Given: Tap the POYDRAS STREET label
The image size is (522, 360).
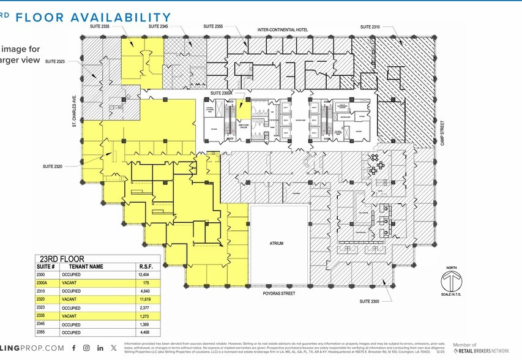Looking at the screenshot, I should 278,294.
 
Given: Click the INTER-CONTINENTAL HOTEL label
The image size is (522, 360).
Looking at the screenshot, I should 282,30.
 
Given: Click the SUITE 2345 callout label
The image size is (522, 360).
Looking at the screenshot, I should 158,27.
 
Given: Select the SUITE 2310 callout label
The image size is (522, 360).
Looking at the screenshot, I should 370,27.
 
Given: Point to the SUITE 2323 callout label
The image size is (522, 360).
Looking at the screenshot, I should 54,61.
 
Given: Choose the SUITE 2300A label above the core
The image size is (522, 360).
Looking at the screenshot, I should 221,93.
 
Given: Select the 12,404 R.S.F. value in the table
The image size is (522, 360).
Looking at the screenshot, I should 145,276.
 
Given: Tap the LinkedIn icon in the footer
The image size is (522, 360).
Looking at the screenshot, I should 100,348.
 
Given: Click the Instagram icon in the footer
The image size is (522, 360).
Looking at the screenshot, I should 87,348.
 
